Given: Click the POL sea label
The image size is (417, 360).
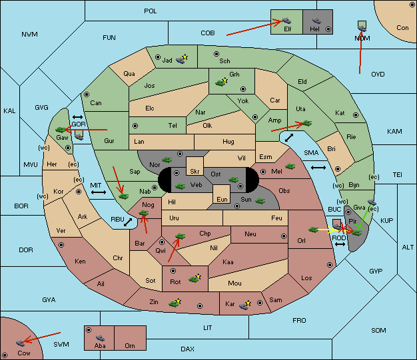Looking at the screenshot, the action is tap(151, 11).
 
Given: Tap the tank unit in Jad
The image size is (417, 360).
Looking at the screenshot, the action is tap(181, 61).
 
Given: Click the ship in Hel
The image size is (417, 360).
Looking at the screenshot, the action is tap(316, 20).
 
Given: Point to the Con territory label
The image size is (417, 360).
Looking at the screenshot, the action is tap(402, 28).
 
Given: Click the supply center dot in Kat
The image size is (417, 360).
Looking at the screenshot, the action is tap(356, 115).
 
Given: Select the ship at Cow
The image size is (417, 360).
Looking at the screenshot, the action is tap(20, 343).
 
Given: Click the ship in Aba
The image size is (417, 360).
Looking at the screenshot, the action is tap(100, 338).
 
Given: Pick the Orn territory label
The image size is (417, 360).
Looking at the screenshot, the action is tap(130, 345).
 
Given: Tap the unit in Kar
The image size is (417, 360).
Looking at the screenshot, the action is tap(244, 306).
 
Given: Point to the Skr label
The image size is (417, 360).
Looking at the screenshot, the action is tap(195, 172).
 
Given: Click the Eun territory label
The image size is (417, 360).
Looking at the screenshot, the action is tap(222, 199).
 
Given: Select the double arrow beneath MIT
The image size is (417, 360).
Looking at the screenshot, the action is tap(99, 192).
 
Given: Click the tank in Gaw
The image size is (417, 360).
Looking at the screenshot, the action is tap(61, 130).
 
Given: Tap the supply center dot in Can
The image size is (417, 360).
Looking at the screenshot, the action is tap(87, 94).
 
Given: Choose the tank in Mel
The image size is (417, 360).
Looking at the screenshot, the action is tap(290, 166).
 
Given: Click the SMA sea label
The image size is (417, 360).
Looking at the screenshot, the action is tap(311, 153).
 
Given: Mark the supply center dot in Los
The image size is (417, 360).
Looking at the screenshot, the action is tap(330, 265).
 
